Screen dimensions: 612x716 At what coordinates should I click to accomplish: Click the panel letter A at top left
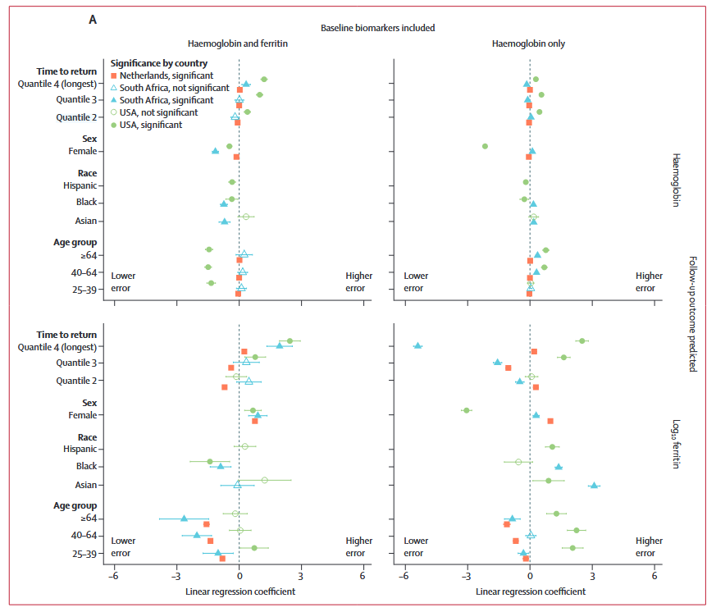93,20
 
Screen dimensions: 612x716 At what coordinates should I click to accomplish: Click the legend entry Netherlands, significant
162,75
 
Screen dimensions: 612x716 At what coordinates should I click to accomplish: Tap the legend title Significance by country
158,63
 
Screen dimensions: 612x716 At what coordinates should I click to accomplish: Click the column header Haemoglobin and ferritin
239,43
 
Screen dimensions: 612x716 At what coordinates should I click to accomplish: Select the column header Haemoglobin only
528,43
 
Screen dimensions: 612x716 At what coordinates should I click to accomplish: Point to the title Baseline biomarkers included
377,28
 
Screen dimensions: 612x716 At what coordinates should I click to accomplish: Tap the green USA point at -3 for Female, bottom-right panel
467,410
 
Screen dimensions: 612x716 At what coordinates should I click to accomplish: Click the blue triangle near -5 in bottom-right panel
418,345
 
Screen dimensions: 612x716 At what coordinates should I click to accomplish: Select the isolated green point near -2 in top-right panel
485,146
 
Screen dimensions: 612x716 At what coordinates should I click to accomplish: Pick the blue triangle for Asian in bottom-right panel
594,486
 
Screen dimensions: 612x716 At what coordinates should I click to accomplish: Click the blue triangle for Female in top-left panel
215,151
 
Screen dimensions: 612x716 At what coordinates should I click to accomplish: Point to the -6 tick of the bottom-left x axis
113,575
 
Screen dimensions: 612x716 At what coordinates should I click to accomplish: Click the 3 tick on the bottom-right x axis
591,575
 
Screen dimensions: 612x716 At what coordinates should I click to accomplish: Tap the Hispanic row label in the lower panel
80,449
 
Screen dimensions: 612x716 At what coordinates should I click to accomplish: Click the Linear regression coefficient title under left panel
239,591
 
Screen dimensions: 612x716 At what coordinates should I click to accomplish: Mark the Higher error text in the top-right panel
649,281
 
